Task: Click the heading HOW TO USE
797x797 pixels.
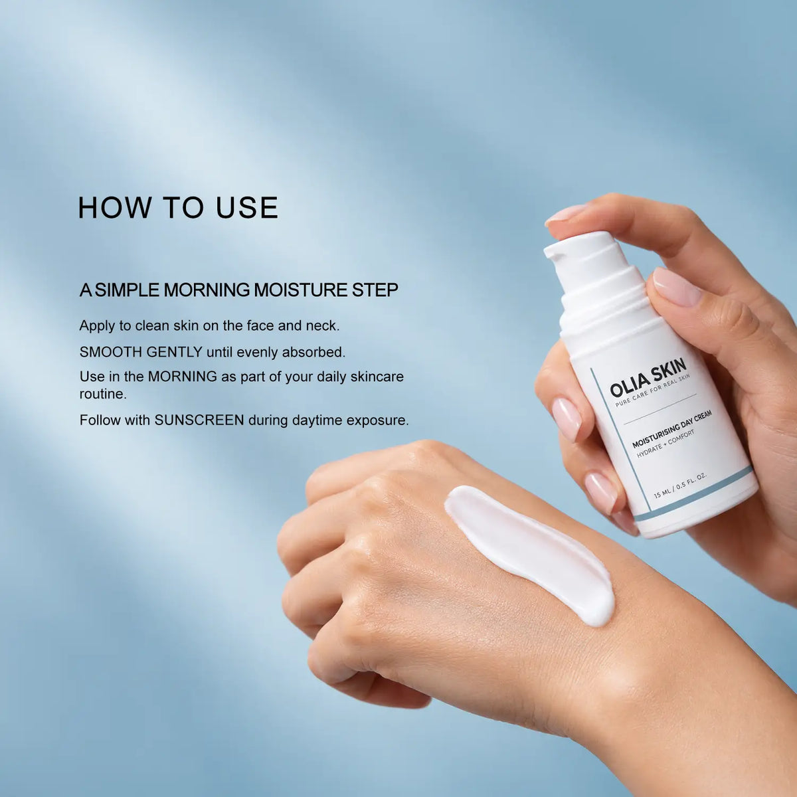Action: (178, 207)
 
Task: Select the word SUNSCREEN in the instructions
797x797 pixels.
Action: (199, 420)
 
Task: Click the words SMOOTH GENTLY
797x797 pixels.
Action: (141, 352)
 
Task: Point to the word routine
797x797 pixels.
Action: (103, 394)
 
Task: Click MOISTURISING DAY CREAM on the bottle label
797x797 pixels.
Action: (671, 429)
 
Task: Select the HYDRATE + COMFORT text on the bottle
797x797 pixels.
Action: (665, 444)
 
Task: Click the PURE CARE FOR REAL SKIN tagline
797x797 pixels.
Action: (652, 391)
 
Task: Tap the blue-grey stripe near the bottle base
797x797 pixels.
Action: (693, 494)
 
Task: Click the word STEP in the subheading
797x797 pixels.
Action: (375, 290)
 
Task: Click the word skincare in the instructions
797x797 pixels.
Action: (377, 377)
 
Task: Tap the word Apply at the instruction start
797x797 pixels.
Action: (98, 326)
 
